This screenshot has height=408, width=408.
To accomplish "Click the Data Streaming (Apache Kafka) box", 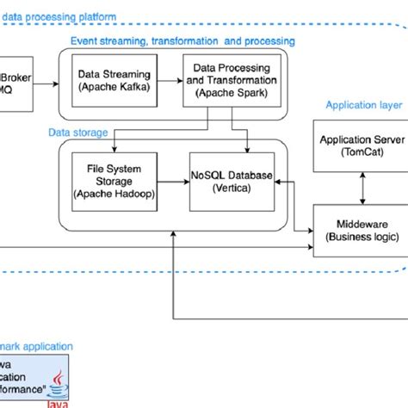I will pos(113,80).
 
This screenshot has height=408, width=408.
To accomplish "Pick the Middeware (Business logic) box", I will pos(356,230).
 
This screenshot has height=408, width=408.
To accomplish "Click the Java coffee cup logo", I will pos(58,380).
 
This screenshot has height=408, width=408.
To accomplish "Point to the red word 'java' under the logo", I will pos(58,401).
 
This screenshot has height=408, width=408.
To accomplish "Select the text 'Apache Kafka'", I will pos(113,87).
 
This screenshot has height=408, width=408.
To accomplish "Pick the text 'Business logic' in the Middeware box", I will pos(356,237).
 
